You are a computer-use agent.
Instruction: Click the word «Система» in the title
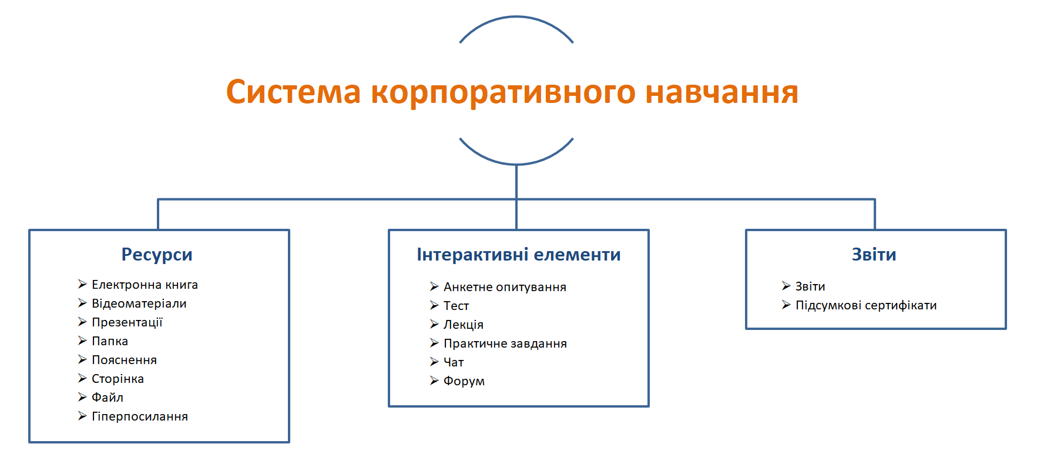click(293, 92)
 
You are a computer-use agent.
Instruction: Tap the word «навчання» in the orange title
click(722, 92)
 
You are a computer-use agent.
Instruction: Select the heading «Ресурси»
click(157, 255)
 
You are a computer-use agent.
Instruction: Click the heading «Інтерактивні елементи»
click(519, 255)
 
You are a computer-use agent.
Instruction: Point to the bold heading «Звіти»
click(874, 255)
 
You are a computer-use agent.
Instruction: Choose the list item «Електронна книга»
click(145, 285)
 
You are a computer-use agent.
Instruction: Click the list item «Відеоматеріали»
click(139, 303)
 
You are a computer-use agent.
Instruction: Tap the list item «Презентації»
click(127, 322)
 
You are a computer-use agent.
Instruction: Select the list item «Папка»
click(110, 341)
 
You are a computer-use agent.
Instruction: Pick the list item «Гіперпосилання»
click(140, 416)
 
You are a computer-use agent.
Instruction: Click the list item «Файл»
click(108, 398)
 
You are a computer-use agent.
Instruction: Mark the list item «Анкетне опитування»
click(505, 287)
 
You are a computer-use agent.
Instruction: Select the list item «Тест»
click(456, 306)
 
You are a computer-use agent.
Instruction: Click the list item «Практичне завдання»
click(505, 343)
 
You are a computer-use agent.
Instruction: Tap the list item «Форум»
click(464, 381)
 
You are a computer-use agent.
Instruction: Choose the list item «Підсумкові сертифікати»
click(866, 305)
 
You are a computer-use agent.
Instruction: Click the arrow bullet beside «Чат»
click(434, 362)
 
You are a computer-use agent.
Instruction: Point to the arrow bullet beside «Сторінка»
click(82, 378)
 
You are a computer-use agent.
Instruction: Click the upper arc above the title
click(516, 16)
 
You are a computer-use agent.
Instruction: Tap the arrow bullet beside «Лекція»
click(434, 324)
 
